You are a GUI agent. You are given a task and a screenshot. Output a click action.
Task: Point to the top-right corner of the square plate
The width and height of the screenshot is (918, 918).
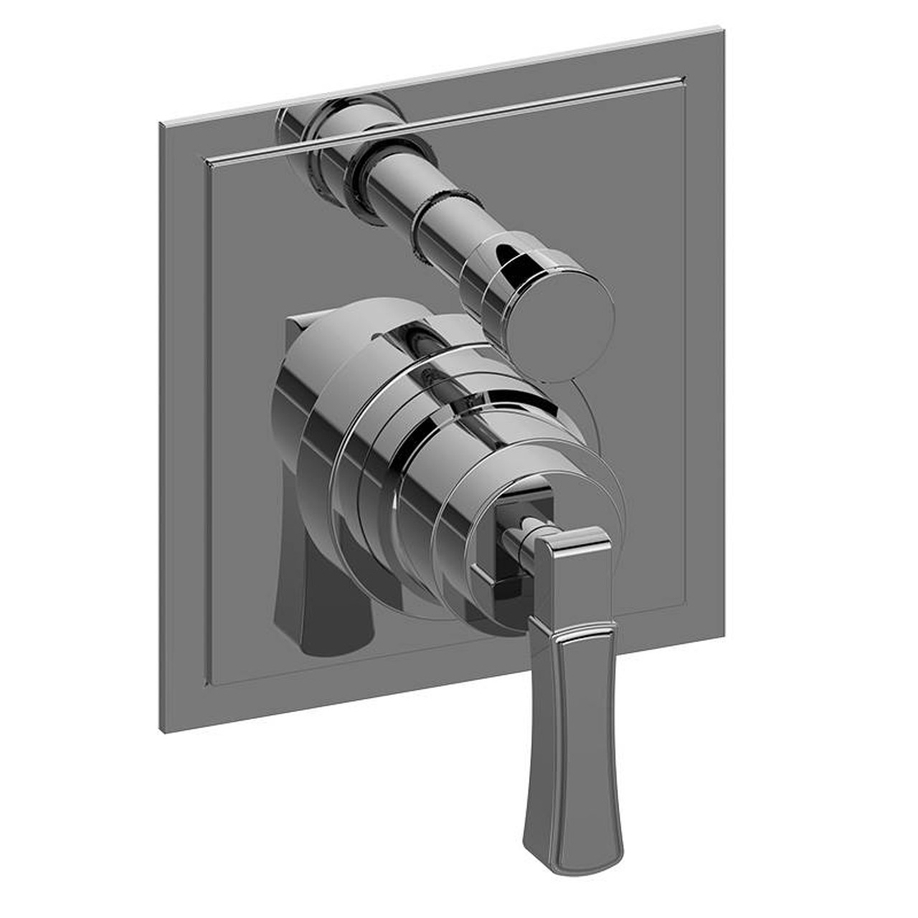point(723,30)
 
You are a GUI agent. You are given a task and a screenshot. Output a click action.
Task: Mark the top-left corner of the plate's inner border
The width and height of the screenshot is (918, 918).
point(207,157)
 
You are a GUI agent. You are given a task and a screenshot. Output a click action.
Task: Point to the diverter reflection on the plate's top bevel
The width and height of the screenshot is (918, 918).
point(337,115)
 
